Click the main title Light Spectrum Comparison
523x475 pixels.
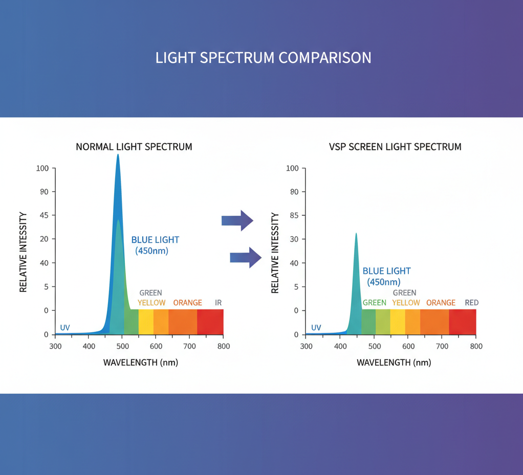click(263, 57)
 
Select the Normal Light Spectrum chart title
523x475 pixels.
click(134, 147)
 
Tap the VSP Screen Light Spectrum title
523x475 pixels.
click(395, 147)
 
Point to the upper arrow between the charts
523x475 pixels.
click(237, 220)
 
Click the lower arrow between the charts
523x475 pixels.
click(246, 257)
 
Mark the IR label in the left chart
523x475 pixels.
click(219, 303)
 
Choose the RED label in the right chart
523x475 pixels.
click(471, 303)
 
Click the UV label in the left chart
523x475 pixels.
click(65, 327)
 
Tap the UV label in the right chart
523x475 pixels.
click(316, 327)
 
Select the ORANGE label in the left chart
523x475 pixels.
click(187, 303)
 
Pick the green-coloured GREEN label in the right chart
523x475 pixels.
click(374, 303)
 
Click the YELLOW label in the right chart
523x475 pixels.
click(406, 303)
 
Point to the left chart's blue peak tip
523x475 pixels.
click(118, 155)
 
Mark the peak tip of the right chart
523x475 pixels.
click(356, 234)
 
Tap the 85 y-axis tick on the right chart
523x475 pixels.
click(293, 215)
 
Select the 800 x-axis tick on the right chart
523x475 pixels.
click(476, 346)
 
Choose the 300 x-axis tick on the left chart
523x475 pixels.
click(55, 346)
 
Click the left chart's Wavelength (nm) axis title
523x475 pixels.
click(141, 363)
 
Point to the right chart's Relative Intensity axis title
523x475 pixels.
click(275, 253)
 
